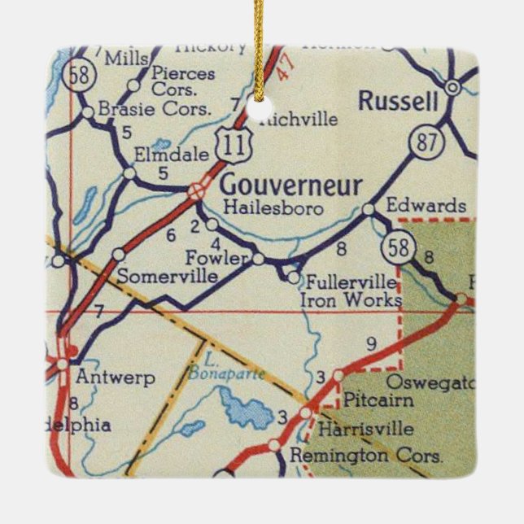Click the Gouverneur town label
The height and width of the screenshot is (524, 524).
click(x=290, y=185)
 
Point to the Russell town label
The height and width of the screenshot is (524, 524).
click(x=399, y=102)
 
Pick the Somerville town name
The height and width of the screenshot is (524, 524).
click(x=168, y=277)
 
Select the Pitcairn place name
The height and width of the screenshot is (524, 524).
click(x=378, y=400)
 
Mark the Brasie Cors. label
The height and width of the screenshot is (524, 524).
click(x=154, y=108)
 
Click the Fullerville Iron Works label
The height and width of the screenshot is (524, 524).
click(x=351, y=291)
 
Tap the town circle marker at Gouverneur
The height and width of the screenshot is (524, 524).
click(x=196, y=192)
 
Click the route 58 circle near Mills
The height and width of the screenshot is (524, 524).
click(x=83, y=73)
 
